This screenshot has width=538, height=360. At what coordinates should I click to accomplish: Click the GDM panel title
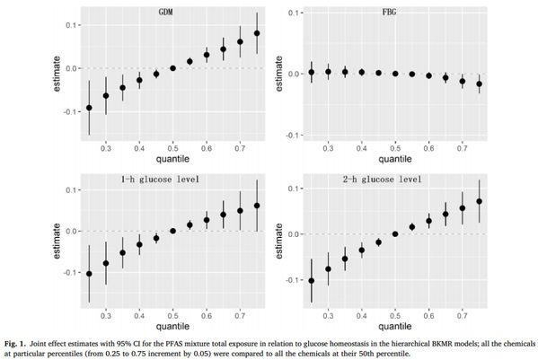pos(166,12)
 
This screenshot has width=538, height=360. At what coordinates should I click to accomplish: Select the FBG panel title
pos(389,12)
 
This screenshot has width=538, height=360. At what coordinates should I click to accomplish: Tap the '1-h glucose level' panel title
pos(160,179)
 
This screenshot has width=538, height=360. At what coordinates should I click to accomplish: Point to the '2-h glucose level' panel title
pos(383,179)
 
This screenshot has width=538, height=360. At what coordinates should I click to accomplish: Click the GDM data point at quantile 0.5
pos(173,68)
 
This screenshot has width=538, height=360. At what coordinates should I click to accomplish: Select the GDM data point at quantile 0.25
pos(89,108)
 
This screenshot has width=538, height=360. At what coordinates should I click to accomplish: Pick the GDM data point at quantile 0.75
pos(257,33)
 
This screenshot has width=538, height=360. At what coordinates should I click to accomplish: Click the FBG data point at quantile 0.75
pos(480,83)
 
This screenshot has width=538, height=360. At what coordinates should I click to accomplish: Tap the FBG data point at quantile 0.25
pos(312,72)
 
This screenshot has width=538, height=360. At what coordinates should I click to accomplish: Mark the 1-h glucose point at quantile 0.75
pos(257,206)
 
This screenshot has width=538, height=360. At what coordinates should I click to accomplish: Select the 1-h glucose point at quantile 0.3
pos(106,263)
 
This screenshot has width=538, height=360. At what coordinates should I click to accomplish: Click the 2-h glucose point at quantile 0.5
pos(395,234)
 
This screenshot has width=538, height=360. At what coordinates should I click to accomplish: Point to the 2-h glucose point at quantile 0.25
pos(312,281)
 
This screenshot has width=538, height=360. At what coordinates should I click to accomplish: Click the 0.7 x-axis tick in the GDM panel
pos(240,148)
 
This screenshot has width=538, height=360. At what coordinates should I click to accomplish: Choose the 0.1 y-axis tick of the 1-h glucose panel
pos(73,190)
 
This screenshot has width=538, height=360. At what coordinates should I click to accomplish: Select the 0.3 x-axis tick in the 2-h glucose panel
pos(329,315)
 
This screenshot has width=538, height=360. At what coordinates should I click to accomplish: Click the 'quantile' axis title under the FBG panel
pos(395,159)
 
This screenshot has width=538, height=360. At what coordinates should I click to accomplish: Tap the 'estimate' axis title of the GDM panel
pos(57,74)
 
